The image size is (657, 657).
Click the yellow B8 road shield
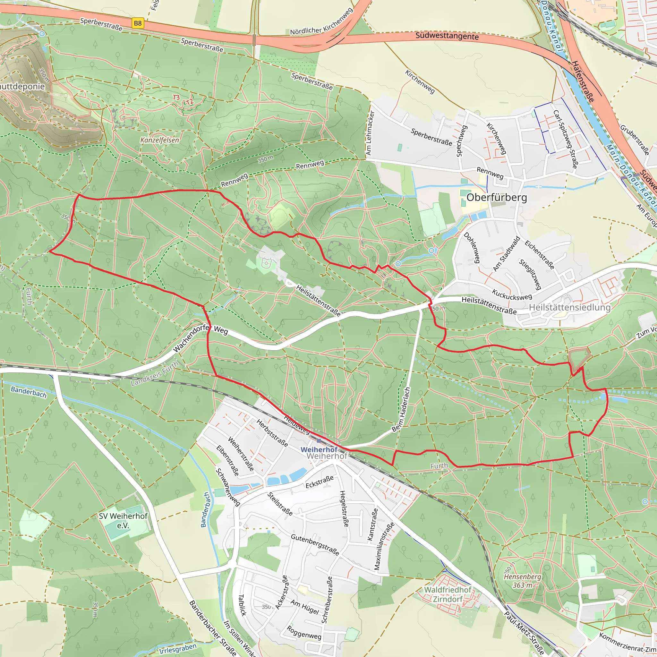click(138, 23)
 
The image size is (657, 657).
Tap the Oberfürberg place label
click(497, 198)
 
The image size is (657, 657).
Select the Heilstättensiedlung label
click(570, 307)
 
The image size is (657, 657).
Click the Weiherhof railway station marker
click(319, 441)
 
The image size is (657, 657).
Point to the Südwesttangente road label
click(447, 36)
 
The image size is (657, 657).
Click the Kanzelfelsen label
click(159, 140)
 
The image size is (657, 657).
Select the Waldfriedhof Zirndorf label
click(448, 594)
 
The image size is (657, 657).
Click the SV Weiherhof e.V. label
click(123, 521)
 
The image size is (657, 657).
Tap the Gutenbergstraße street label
click(315, 545)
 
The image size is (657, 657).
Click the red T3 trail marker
click(176, 98)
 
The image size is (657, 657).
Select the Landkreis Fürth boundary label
click(155, 374)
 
